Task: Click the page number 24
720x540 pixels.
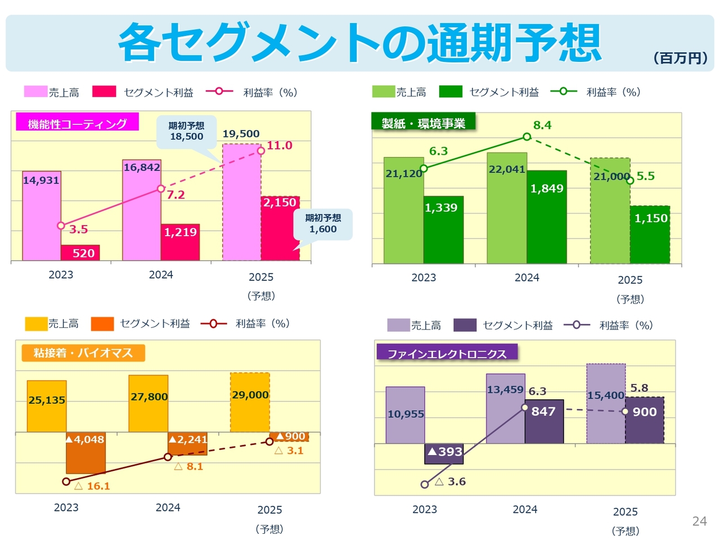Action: coord(699,521)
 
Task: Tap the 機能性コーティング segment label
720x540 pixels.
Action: coord(77,123)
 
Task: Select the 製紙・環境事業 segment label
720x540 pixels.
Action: coord(423,123)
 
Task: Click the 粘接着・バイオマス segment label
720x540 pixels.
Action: coord(83,353)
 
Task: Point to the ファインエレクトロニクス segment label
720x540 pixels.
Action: coord(447,353)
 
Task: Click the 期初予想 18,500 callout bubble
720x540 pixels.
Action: coord(186,132)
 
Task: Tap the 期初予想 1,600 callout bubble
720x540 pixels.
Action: coord(323,224)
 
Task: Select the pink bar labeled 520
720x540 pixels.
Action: coord(80,253)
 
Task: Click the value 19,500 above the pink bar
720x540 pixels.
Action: coord(241,134)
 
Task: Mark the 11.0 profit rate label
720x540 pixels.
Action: coord(280,146)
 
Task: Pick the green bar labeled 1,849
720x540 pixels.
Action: coord(547,217)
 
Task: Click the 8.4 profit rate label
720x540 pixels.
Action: coord(542,125)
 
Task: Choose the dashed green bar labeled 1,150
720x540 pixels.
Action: coord(650,235)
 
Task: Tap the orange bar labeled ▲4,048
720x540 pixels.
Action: coord(86,453)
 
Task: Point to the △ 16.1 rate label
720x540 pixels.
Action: coord(92,486)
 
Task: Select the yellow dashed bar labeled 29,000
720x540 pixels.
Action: coord(250,402)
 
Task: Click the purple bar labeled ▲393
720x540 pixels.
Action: coord(444,453)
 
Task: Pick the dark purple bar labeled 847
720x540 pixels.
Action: coord(544,421)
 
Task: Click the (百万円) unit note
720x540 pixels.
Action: coord(680,58)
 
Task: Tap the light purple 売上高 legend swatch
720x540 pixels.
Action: coord(398,325)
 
